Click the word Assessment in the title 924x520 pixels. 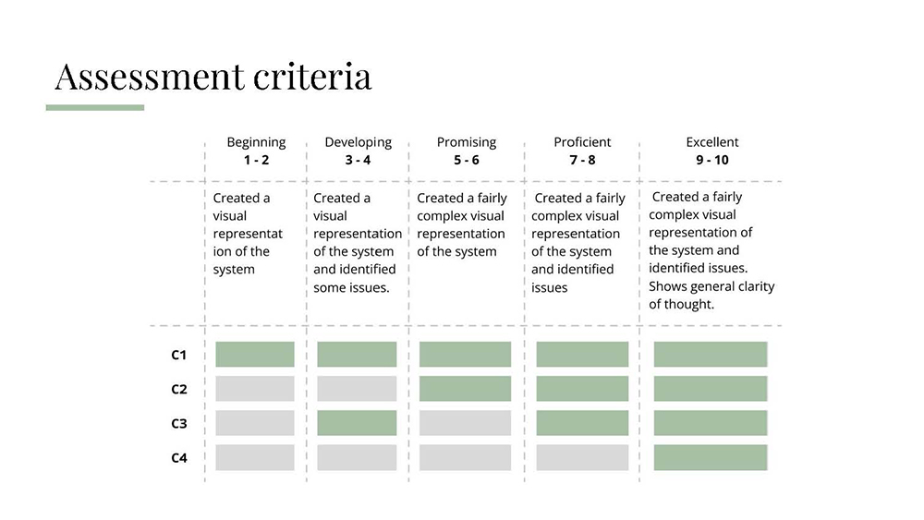(150, 78)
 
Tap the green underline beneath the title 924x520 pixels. (95, 108)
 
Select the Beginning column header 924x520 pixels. (256, 142)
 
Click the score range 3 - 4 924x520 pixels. (358, 160)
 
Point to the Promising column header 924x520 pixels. (466, 142)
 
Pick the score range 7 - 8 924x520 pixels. (582, 160)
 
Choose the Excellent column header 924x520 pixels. (711, 142)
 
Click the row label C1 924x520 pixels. (178, 355)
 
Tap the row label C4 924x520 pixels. (179, 457)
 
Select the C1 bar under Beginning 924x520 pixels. (255, 355)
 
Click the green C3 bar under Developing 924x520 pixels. (357, 423)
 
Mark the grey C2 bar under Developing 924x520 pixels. (357, 389)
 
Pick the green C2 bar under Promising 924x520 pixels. (465, 389)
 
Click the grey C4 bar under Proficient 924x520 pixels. (582, 457)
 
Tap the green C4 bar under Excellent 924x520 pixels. (711, 457)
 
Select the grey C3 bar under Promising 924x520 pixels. (465, 423)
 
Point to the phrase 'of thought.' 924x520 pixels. (681, 305)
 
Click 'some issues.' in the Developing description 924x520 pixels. (351, 288)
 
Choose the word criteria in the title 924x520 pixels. (313, 78)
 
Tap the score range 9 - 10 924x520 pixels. (711, 160)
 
